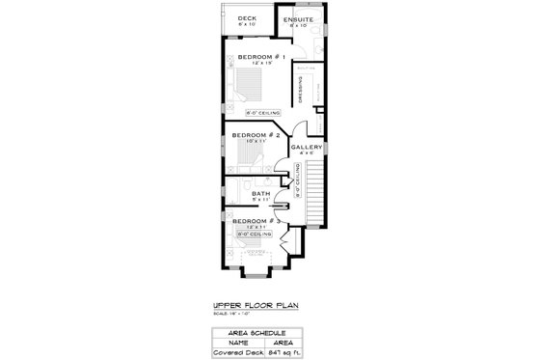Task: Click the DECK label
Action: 247,18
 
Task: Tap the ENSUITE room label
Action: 295,18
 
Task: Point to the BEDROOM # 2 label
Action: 256,135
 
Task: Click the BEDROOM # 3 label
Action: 256,220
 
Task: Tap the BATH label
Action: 261,193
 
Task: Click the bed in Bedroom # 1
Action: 253,87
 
